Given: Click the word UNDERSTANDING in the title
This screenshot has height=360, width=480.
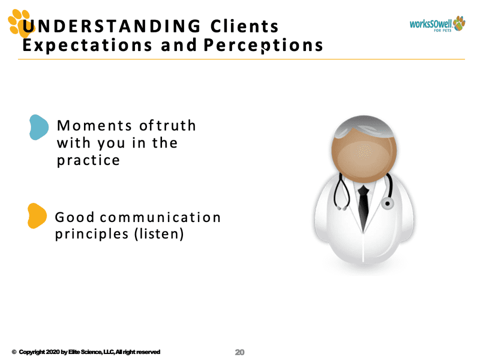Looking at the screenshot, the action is click(111, 26).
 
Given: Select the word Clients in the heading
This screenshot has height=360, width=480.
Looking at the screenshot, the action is click(244, 26).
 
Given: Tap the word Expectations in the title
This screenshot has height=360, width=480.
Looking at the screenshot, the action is click(87, 45).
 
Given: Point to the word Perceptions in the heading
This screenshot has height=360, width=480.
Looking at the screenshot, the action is click(263, 45).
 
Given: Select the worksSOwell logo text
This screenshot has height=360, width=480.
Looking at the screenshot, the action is click(430, 24).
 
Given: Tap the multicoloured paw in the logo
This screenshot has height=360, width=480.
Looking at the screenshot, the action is click(459, 23).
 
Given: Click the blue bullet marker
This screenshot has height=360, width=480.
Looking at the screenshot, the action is click(39, 127).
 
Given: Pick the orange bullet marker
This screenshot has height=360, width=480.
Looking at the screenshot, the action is click(37, 215).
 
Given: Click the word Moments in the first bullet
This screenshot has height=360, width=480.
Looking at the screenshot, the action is click(94, 125).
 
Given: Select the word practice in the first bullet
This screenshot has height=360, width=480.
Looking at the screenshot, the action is click(88, 160).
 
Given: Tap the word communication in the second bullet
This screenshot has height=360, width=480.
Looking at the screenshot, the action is click(160, 217).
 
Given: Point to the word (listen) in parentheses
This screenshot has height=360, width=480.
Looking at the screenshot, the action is click(159, 234).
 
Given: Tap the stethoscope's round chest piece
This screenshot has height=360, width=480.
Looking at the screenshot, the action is click(387, 203).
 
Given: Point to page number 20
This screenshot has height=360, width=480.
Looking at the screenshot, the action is click(239, 352).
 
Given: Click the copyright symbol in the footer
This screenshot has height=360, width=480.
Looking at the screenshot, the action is click(14, 352).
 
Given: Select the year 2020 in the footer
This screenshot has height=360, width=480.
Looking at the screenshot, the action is click(52, 352).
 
